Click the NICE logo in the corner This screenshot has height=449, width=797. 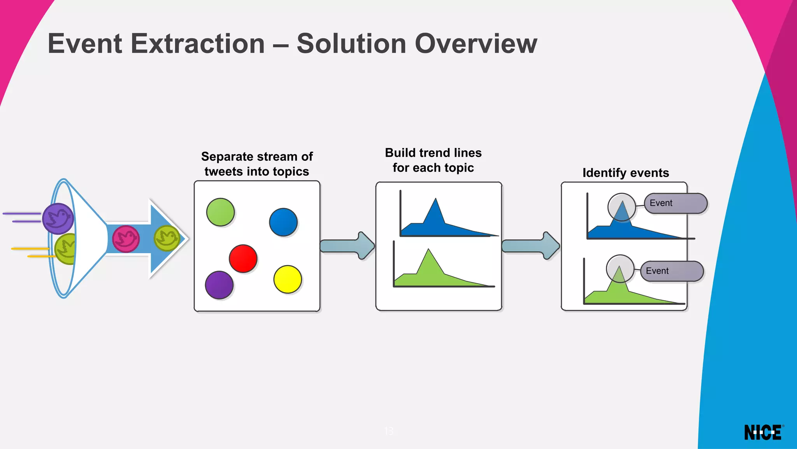(763, 433)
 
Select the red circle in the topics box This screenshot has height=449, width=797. (243, 259)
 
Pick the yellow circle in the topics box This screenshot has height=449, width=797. (288, 279)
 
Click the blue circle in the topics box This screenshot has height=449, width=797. (283, 222)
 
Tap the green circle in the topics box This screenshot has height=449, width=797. (220, 212)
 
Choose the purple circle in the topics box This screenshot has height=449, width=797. (219, 285)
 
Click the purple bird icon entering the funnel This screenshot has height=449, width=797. (58, 218)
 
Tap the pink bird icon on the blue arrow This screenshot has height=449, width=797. (126, 239)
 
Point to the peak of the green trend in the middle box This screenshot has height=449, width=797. (428, 250)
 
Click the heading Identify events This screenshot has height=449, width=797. (625, 173)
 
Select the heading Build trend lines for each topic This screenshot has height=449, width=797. (433, 160)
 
